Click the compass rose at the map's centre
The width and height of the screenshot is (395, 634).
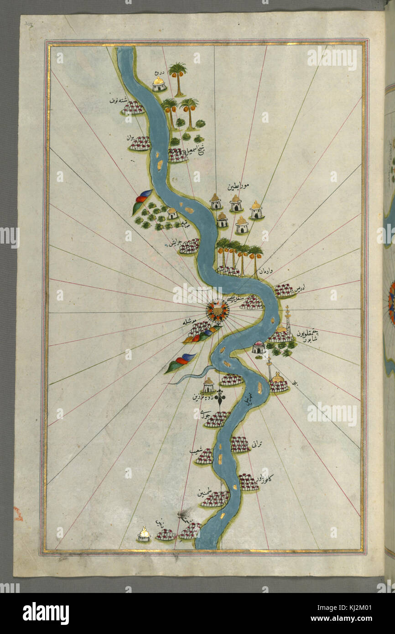[217, 310]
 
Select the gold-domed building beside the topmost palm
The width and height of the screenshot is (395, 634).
[159, 84]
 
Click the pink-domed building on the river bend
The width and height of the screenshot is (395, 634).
[259, 347]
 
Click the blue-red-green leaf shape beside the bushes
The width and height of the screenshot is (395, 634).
[142, 200]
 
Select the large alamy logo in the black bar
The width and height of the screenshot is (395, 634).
[46, 613]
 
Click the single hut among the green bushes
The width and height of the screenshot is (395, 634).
[172, 213]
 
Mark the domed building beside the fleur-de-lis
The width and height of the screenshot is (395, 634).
[208, 385]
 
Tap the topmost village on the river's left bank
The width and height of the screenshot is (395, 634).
[133, 108]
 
